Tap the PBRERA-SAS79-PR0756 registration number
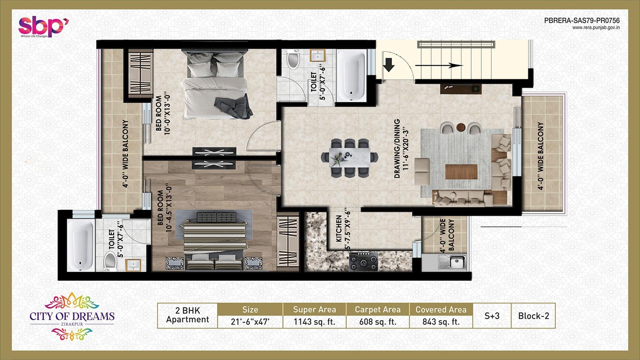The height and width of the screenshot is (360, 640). [582, 20]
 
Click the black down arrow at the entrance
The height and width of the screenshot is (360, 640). [388, 65]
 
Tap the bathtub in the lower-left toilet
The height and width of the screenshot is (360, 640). [81, 245]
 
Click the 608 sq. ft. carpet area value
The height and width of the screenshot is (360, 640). [377, 322]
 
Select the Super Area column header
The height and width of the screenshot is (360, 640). [314, 309]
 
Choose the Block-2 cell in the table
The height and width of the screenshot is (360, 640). [533, 316]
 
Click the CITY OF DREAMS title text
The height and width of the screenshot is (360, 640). [72, 316]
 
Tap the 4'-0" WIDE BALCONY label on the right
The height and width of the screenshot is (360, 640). [540, 156]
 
